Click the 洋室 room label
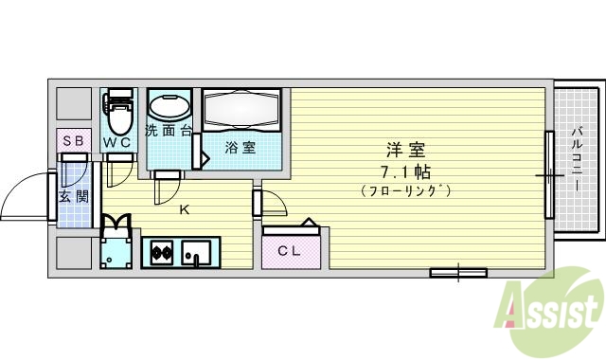click(405, 151)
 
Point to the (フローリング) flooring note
click(405, 190)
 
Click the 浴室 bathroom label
click(239, 148)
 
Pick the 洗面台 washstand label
click(169, 132)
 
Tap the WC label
click(117, 142)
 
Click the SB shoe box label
click(73, 141)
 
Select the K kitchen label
click(184, 209)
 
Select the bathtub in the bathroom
click(242, 113)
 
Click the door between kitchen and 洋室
click(272, 203)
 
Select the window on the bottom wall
click(457, 274)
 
